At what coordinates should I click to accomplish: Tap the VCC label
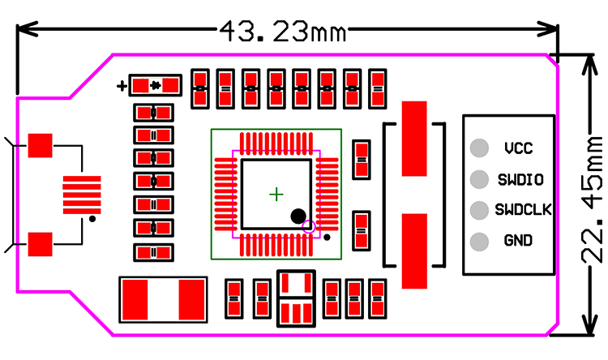518,148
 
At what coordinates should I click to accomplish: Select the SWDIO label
520,178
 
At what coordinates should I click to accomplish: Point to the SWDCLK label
523,209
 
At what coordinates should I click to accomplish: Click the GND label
518,241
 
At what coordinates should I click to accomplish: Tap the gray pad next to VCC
480,148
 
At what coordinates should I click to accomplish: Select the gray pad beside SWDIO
480,178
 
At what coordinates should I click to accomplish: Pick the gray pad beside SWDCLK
480,209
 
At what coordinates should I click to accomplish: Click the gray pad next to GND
480,241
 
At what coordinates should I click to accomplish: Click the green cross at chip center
276,194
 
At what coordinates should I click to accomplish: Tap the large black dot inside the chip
298,216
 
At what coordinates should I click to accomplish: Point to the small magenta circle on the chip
308,227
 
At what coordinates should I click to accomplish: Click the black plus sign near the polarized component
122,84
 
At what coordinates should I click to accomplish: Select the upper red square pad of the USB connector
40,146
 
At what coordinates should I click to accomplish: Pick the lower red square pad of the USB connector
40,243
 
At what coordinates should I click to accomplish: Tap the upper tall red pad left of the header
415,138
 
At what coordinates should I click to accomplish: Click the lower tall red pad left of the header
415,251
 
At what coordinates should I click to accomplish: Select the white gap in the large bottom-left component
164,300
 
